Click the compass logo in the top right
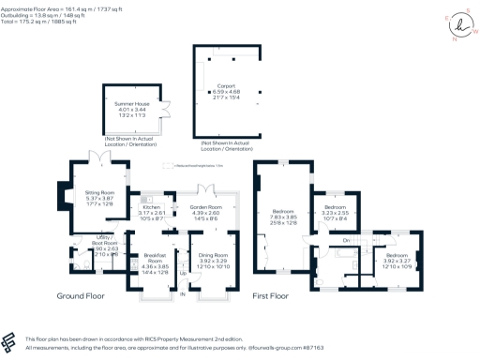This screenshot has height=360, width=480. [x=457, y=22]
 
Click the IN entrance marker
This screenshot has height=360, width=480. [x=183, y=295]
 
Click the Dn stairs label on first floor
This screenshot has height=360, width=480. [x=346, y=242]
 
